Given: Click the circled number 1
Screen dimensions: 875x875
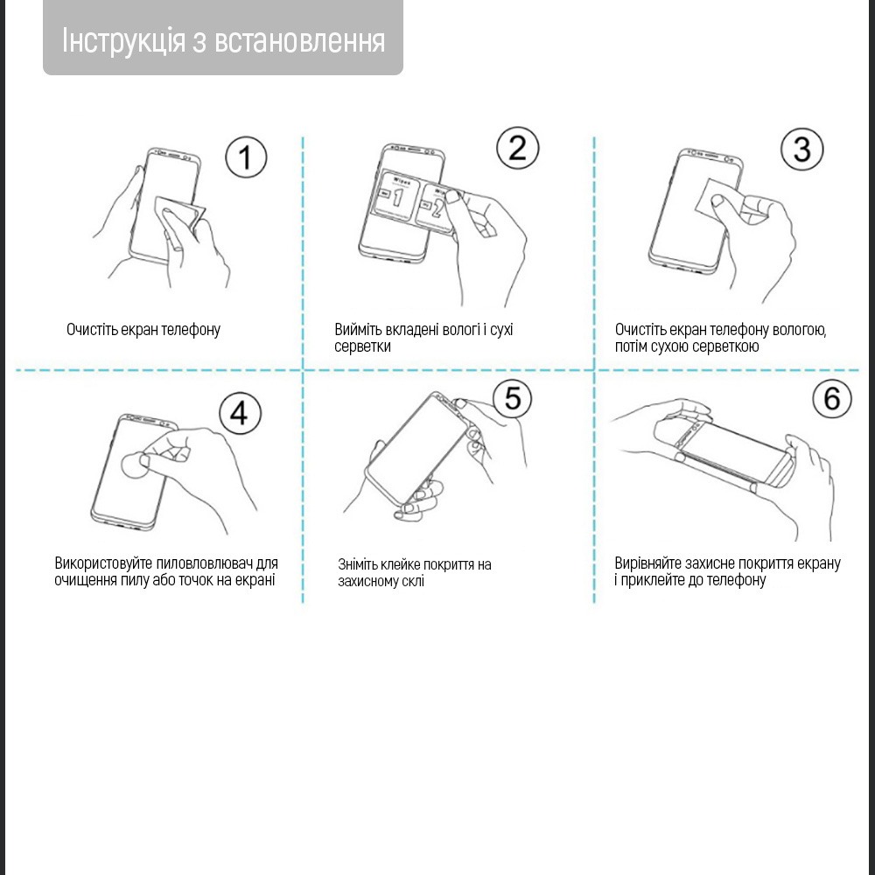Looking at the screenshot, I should tap(246, 157).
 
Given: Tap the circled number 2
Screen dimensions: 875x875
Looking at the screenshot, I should tap(518, 148).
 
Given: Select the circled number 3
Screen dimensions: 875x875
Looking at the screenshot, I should tap(802, 149).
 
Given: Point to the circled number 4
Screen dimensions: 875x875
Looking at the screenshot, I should tap(239, 413).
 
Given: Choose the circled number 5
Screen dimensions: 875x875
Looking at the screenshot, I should tap(513, 399).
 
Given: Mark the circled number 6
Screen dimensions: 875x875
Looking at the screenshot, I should tap(831, 399).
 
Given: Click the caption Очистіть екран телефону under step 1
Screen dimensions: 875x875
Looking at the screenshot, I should tap(143, 330).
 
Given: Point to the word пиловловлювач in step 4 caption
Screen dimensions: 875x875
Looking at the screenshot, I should tap(197, 563).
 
